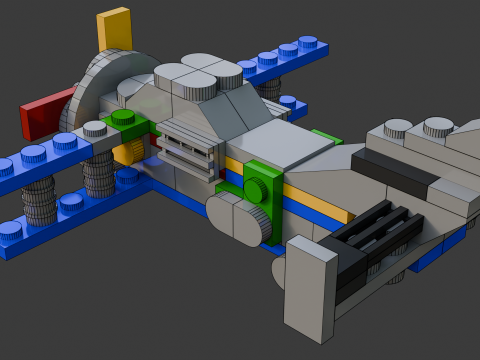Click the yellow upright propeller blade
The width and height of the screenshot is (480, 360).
click(115, 31)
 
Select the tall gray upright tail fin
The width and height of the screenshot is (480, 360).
click(310, 291)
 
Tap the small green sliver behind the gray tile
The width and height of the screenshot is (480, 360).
click(325, 136)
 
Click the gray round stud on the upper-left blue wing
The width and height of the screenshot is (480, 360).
click(95, 129)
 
